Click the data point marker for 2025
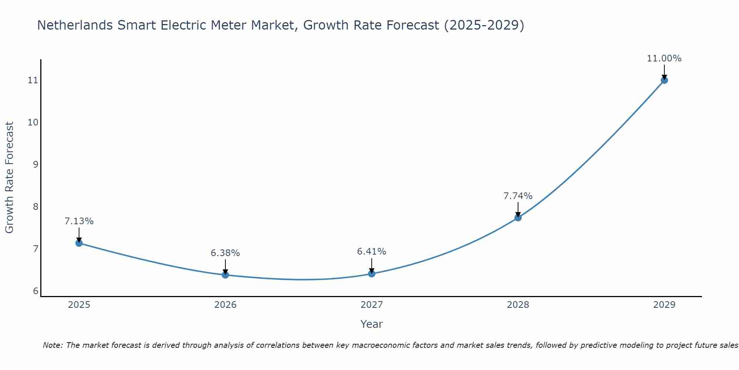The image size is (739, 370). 79,243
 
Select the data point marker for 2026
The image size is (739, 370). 225,275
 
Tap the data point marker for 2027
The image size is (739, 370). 372,274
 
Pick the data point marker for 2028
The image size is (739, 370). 518,218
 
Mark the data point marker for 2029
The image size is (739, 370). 664,80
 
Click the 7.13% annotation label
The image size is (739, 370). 79,221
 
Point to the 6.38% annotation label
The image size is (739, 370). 225,253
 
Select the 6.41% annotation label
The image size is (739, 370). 372,252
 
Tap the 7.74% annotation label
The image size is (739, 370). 518,196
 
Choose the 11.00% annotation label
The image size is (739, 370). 664,58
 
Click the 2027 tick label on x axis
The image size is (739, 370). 372,305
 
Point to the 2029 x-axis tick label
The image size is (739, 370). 664,305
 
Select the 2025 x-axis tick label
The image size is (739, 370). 79,305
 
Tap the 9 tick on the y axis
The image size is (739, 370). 35,164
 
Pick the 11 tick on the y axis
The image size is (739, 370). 33,80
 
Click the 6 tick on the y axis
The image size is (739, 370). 35,291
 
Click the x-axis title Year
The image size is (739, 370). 371,324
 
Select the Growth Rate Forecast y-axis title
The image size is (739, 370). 10,178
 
